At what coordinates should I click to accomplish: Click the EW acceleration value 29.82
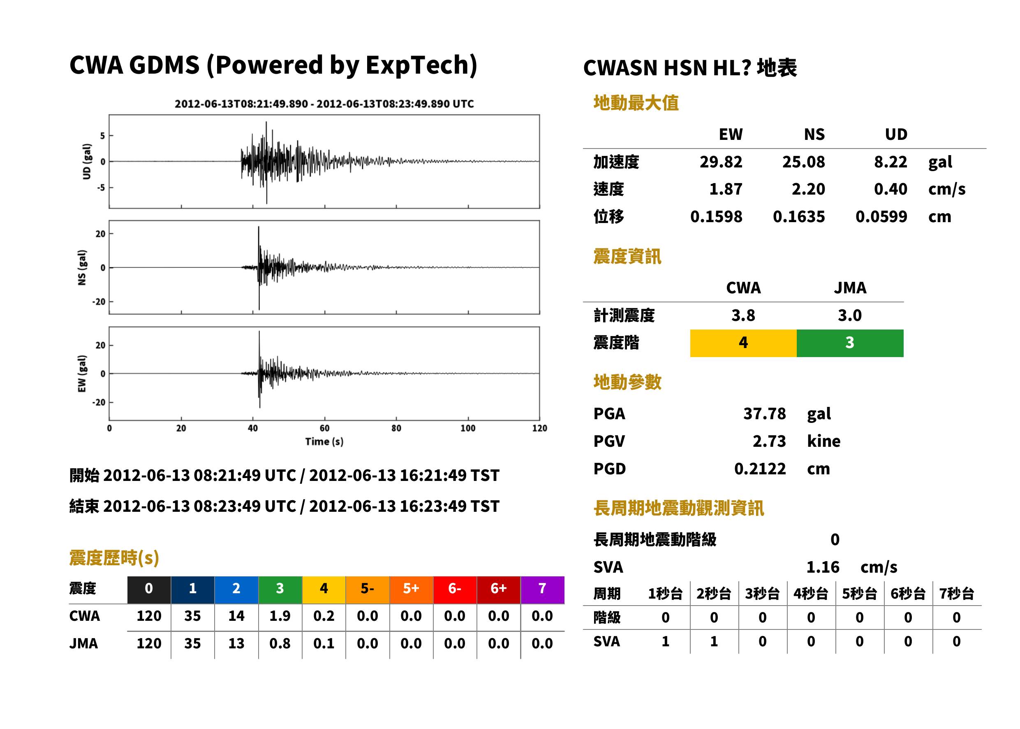coord(721,162)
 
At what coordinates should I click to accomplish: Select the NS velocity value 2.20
coord(808,189)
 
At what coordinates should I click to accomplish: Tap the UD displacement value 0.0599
coord(881,216)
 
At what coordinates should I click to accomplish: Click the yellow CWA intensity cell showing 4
coord(743,343)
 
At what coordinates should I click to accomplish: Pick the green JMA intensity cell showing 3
coord(850,343)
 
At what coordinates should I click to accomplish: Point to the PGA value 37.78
coord(765,413)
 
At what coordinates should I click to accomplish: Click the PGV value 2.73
coord(769,441)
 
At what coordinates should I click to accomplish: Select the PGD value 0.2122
coord(760,469)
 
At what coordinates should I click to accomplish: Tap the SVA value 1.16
coord(823,567)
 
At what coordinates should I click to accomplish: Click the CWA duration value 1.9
coord(280,616)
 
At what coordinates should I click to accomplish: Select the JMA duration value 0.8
coord(280,643)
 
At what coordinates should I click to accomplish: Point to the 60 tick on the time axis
coord(324,428)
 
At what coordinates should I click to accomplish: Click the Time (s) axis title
coord(324,442)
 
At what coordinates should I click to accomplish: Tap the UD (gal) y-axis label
coord(87,162)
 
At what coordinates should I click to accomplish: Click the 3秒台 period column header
coord(762,594)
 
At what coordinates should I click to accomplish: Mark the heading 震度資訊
coord(627,256)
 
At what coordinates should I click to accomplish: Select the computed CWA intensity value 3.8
coord(743,315)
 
